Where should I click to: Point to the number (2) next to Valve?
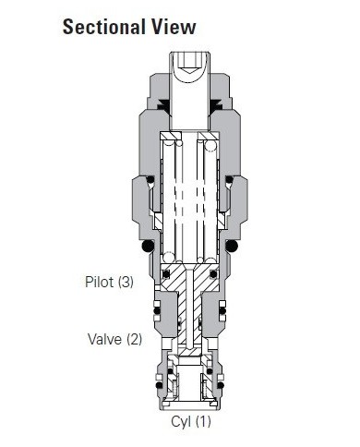(x=134, y=339)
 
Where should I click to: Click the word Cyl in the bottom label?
(x=181, y=422)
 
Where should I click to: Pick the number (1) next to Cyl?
(x=203, y=422)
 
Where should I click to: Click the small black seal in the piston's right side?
(x=215, y=273)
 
